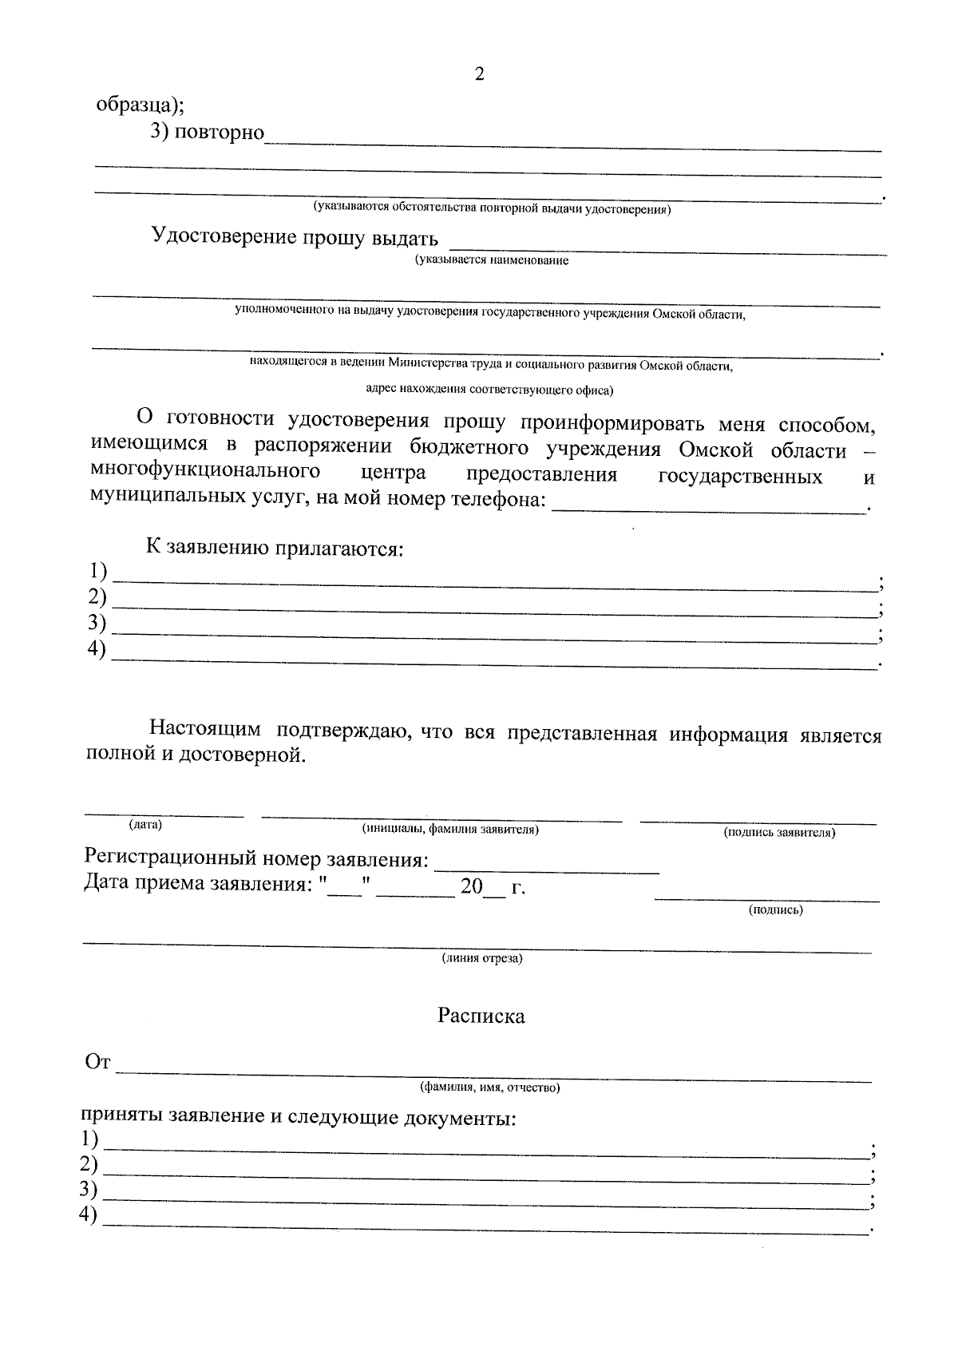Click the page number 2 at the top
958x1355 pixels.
pos(479,75)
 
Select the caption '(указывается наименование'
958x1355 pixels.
pos(491,261)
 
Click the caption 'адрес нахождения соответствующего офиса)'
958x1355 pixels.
pos(489,390)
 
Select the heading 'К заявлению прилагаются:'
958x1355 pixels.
pos(274,549)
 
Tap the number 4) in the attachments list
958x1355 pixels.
pos(97,650)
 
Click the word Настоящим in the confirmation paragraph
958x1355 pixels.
pos(205,729)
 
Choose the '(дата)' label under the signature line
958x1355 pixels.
pos(145,825)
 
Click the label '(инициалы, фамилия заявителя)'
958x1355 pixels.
pos(450,830)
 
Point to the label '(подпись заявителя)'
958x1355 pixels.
pos(779,833)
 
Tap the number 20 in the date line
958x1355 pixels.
pos(472,886)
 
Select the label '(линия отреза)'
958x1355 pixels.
pos(482,958)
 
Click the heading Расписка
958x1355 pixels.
pos(481,1016)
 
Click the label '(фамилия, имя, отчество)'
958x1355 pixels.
pos(490,1088)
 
